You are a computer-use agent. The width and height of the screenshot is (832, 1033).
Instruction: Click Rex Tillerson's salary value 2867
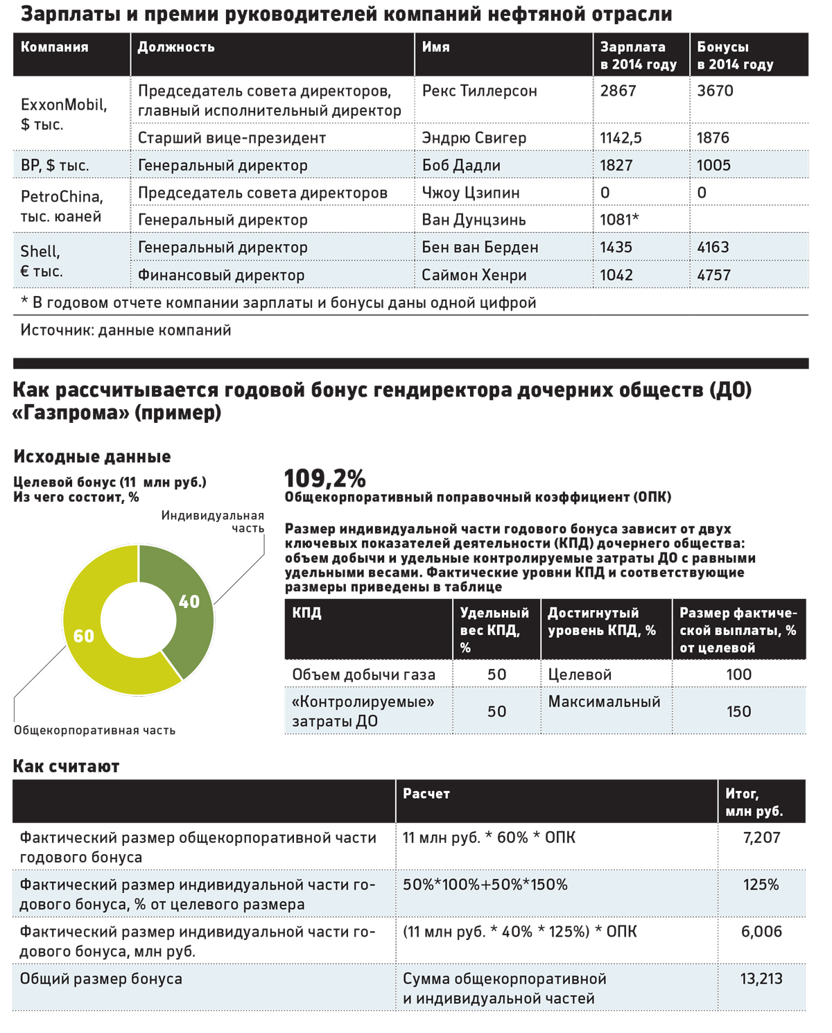coord(618,91)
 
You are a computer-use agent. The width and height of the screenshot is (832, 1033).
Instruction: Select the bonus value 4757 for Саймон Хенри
coord(713,275)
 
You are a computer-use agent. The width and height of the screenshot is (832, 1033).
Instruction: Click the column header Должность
coord(176,47)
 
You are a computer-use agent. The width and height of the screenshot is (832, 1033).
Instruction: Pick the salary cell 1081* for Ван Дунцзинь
coord(619,220)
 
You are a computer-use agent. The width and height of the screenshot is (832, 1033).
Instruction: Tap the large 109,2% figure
coord(324,478)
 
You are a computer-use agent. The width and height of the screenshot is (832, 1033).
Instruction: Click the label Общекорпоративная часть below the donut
coord(94,730)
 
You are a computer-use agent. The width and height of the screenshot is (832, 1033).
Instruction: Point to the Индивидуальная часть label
coord(213,521)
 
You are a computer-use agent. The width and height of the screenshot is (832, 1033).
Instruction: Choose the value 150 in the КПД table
coord(738,711)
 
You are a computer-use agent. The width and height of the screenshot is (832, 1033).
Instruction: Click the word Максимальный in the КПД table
coord(604,702)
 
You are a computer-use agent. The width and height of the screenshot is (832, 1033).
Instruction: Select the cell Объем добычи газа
coord(364,675)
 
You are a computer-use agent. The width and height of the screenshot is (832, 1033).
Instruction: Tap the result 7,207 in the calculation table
coord(761,837)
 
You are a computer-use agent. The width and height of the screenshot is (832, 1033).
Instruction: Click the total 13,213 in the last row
coord(761,979)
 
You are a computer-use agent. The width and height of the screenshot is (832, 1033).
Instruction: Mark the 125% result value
coord(761,885)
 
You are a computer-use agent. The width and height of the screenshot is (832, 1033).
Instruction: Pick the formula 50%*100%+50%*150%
coord(485,885)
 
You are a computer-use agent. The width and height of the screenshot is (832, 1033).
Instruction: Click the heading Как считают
coord(67,766)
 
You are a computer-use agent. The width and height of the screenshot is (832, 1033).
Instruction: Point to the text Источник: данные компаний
coord(125,330)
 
